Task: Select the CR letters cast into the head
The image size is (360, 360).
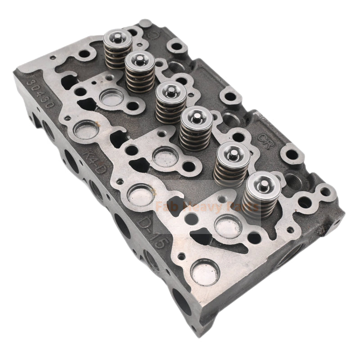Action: [265, 135]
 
